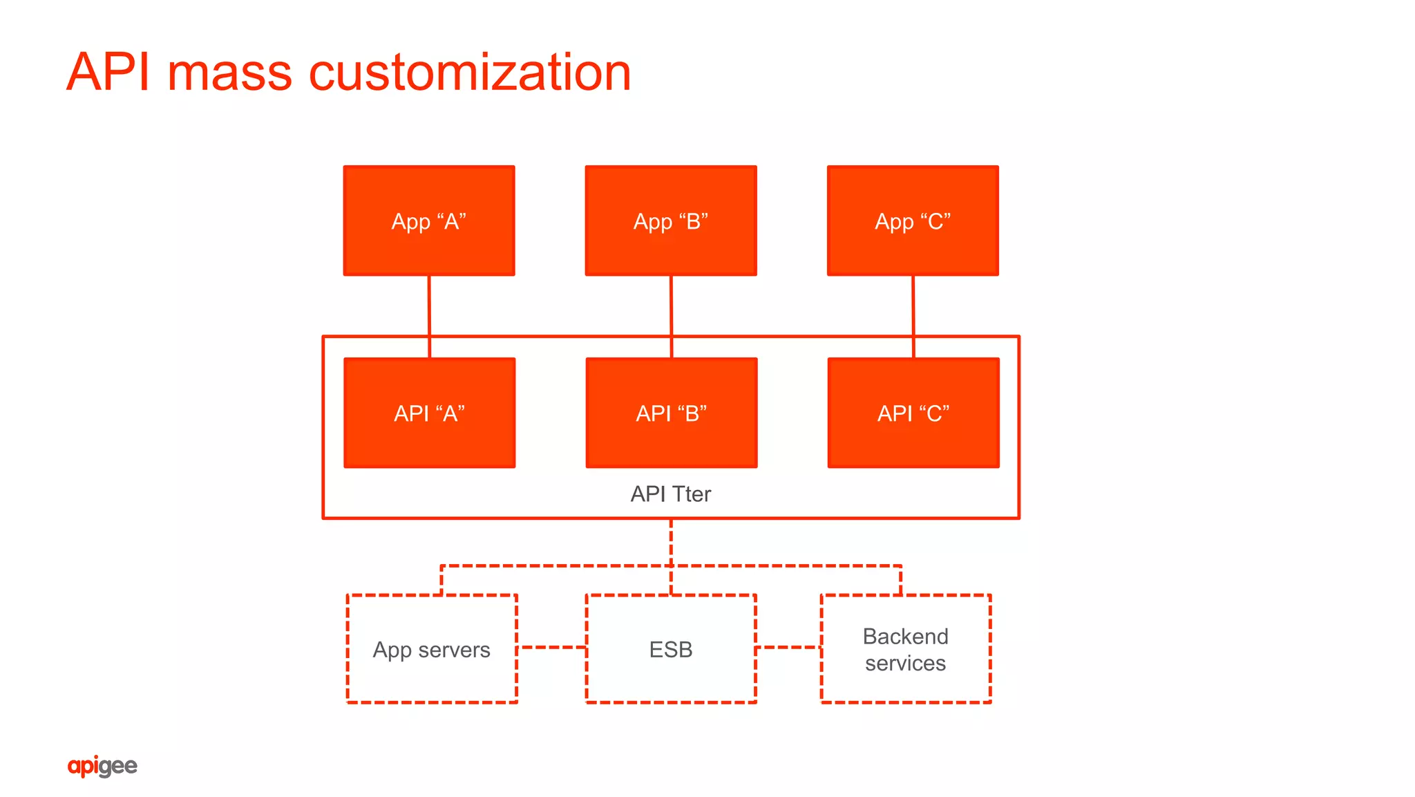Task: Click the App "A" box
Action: click(x=429, y=221)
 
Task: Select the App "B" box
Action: click(x=671, y=221)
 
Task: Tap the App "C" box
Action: click(x=913, y=221)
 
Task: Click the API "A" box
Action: click(x=429, y=413)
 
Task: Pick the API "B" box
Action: click(x=671, y=413)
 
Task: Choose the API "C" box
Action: click(x=913, y=413)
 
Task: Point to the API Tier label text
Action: click(x=670, y=494)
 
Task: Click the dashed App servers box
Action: click(x=432, y=649)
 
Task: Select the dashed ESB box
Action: click(x=671, y=649)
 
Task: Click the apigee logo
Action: click(x=102, y=766)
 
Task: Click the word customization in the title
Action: click(x=469, y=73)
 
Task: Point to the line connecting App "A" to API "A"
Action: click(x=429, y=306)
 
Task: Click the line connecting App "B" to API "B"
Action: click(x=671, y=306)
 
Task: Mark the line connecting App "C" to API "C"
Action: click(x=913, y=306)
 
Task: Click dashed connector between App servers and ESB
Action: click(x=552, y=648)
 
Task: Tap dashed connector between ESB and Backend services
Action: click(x=788, y=648)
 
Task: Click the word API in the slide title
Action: click(x=108, y=73)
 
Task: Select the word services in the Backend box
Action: click(x=905, y=664)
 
